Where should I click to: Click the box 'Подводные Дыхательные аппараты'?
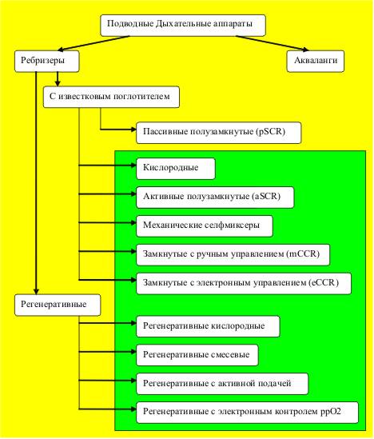point(183,26)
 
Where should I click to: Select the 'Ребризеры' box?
point(47,61)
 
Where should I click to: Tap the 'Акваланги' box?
point(316,61)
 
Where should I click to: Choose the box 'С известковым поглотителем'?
point(111,97)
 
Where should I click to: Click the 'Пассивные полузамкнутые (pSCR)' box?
point(219,133)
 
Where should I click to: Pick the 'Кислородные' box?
point(176,169)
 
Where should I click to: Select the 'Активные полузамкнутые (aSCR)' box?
point(215,198)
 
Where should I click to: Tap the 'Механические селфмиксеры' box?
point(205,226)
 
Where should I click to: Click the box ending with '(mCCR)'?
point(233,255)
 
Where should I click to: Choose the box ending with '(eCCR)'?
point(244,284)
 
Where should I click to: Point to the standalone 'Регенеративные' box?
point(58,305)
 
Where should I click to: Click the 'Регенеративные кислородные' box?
point(208,326)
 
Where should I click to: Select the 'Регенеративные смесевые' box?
point(197,355)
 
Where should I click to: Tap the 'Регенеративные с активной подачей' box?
point(222,384)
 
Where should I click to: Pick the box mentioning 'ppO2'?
point(247,413)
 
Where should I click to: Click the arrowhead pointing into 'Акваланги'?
point(305,50)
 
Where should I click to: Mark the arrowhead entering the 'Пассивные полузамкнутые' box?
point(133,130)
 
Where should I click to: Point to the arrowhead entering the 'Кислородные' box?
point(133,166)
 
